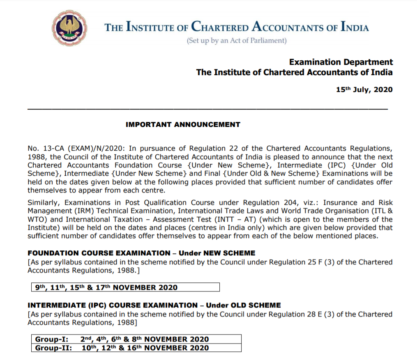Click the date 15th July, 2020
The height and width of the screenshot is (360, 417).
[364, 89]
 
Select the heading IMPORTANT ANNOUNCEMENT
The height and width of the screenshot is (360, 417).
[183, 124]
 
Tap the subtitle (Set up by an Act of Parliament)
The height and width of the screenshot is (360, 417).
[236, 41]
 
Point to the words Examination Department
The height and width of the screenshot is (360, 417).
[341, 62]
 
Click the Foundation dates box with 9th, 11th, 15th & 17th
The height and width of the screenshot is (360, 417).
[126, 287]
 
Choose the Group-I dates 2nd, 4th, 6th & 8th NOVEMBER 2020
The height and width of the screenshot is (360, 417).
[144, 339]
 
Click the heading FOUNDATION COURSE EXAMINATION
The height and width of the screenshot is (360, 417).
[99, 253]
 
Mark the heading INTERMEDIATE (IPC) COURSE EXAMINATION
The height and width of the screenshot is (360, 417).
[112, 305]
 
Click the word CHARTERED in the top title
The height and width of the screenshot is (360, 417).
[219, 28]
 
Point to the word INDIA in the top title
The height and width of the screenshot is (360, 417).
[354, 28]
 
